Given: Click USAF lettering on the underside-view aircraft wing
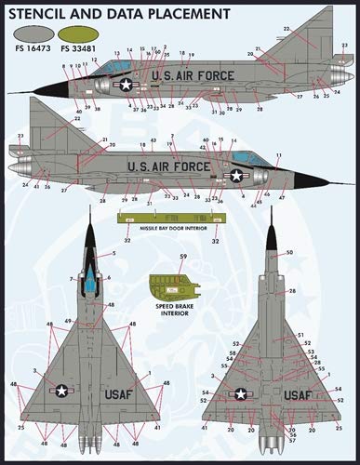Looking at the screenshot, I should point(297,394).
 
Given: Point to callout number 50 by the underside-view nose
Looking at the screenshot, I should point(289,253).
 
